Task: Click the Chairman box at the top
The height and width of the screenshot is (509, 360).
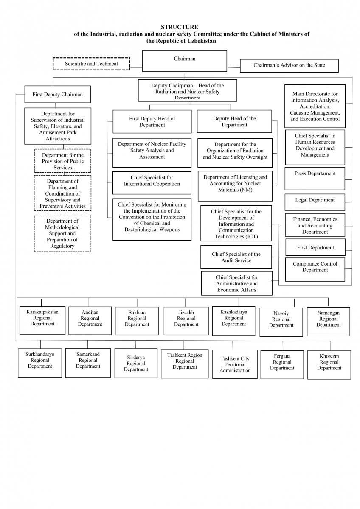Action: pos(184,61)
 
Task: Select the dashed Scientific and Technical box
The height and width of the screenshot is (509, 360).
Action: pos(91,64)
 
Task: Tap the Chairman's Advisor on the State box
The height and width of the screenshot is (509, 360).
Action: pos(289,65)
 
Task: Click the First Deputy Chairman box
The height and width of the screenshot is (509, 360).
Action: pos(57,95)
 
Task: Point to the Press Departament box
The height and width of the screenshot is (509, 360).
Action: pos(315,178)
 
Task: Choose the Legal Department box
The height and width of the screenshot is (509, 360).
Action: pos(315,201)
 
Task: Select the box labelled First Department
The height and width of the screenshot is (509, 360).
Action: pos(315,248)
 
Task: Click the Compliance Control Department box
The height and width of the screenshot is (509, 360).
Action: pos(315,269)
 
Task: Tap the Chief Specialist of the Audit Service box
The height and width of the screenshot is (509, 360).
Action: pos(236,257)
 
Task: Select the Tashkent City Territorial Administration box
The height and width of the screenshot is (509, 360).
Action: pos(235,364)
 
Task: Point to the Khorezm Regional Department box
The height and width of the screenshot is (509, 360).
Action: pos(329,364)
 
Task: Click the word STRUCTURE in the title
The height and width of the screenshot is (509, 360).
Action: pos(179,27)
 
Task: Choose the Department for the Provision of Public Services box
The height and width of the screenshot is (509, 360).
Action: pos(62,161)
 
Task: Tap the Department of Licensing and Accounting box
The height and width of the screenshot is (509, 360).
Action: pos(235,186)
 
